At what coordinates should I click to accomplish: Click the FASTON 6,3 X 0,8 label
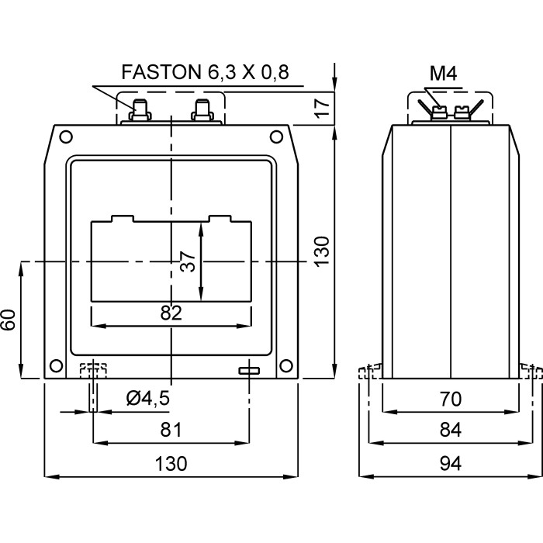pyautogui.click(x=204, y=72)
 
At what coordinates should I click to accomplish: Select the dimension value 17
pyautogui.click(x=323, y=106)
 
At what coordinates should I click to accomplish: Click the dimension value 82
pyautogui.click(x=171, y=313)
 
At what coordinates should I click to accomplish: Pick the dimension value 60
pyautogui.click(x=9, y=320)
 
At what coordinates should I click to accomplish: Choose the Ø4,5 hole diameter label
pyautogui.click(x=147, y=399)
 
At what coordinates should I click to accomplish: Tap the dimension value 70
pyautogui.click(x=450, y=399)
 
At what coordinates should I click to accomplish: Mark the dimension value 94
pyautogui.click(x=450, y=463)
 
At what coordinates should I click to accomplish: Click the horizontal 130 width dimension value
pyautogui.click(x=171, y=463)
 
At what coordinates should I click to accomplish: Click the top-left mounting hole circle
pyautogui.click(x=66, y=137)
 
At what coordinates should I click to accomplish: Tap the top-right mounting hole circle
pyautogui.click(x=275, y=137)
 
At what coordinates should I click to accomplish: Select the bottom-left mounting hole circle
pyautogui.click(x=55, y=366)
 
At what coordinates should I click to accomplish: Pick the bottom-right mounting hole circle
pyautogui.click(x=286, y=366)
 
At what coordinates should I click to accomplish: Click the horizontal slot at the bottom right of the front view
pyautogui.click(x=249, y=371)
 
